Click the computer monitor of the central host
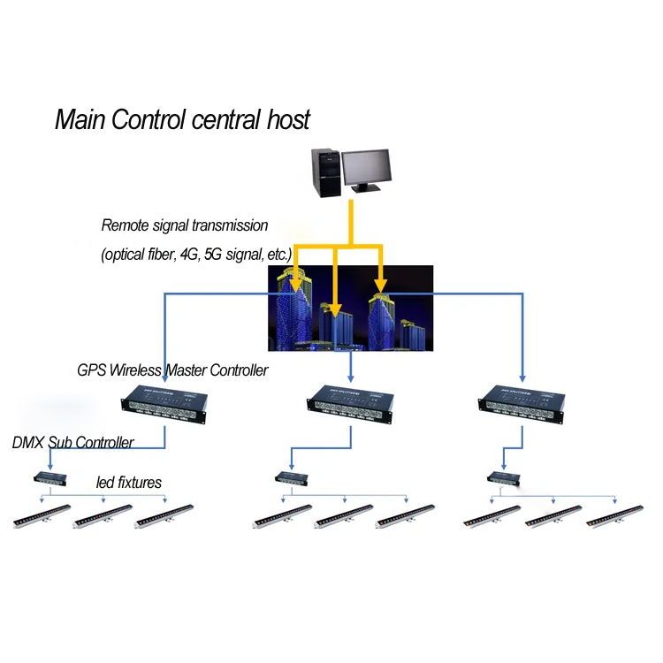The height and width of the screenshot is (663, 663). (366, 168)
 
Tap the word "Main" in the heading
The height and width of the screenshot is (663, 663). (80, 119)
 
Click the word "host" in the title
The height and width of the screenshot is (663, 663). (288, 119)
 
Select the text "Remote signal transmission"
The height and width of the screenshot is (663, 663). (184, 225)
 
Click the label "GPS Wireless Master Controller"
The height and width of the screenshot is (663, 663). (172, 370)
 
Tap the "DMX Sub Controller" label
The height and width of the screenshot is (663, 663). (73, 442)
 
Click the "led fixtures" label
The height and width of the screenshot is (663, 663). (128, 483)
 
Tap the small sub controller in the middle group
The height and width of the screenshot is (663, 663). (290, 477)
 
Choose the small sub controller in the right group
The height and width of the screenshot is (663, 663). (504, 478)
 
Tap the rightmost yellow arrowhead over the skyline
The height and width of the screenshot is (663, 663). (380, 285)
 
